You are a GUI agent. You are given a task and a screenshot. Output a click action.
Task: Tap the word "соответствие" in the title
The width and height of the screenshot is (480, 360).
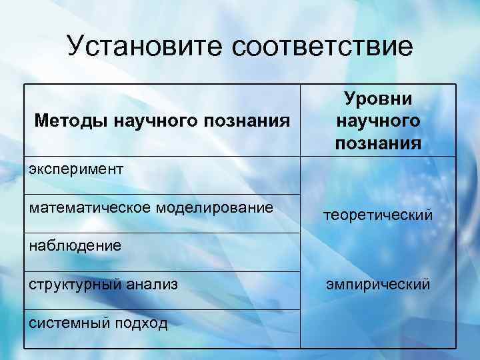pos(323,46)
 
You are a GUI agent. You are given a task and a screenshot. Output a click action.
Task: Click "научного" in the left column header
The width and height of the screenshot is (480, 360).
pos(155,121)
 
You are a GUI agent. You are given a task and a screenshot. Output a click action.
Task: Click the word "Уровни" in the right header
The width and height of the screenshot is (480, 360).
pos(378,99)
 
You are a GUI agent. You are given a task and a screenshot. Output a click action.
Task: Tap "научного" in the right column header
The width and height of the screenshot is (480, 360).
pos(378,121)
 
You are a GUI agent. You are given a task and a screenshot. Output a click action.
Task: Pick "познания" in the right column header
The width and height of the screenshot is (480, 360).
pos(378,143)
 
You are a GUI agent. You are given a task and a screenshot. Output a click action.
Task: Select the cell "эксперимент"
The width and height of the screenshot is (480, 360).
pos(76,169)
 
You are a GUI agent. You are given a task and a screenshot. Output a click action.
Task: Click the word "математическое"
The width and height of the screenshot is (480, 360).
pos(90,207)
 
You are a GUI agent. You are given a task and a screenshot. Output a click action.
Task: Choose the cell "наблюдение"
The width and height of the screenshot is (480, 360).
pos(75,246)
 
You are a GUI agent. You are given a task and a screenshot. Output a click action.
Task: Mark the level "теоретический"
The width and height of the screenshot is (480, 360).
pos(378,215)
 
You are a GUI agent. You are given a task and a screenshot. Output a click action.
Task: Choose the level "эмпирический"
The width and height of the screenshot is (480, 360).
pos(378,285)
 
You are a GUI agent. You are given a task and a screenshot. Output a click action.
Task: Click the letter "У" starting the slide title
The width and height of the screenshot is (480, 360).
pos(76,46)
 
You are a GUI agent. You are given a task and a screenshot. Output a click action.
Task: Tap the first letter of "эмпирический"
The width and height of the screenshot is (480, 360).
pos(329,285)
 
